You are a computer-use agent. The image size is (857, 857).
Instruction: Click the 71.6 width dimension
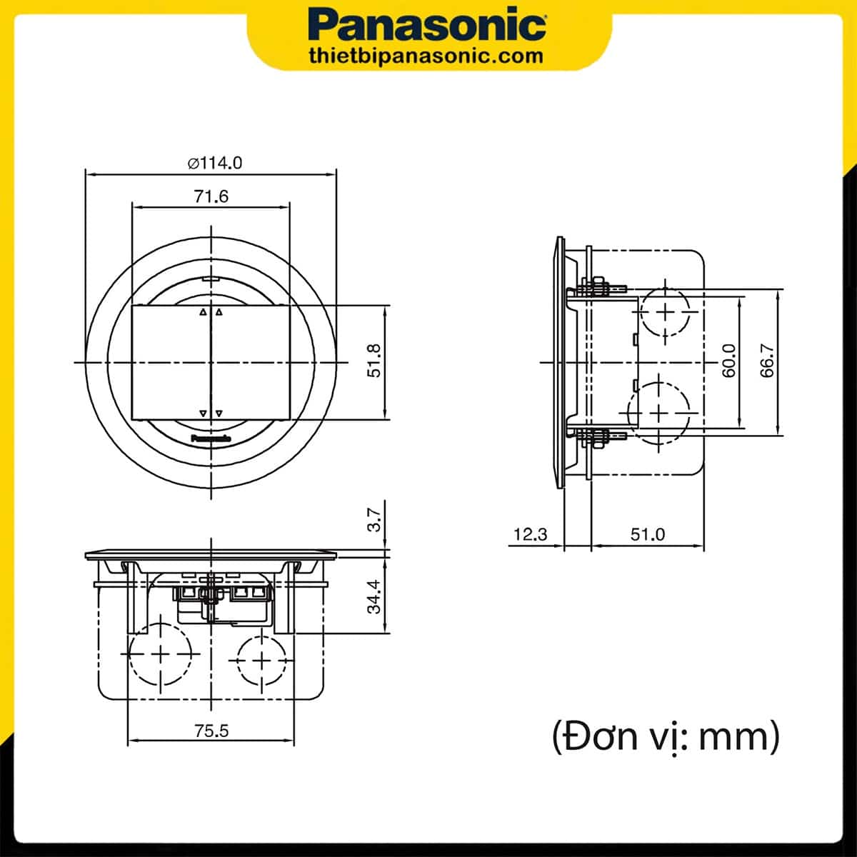(x=211, y=196)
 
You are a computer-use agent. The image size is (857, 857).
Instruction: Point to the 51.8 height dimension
(x=374, y=361)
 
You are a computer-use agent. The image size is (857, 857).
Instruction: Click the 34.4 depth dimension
(x=374, y=596)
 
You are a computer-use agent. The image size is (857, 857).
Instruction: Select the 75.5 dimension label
(x=211, y=731)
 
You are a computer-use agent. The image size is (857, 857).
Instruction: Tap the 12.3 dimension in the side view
(x=530, y=534)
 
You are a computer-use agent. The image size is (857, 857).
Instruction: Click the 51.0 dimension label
(x=647, y=534)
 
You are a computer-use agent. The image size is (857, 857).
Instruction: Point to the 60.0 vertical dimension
(x=728, y=361)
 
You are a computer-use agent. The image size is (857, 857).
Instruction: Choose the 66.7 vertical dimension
(x=767, y=361)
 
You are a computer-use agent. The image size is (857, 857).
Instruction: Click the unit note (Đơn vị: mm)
(x=666, y=736)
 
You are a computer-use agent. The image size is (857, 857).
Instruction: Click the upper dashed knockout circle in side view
(x=666, y=312)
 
